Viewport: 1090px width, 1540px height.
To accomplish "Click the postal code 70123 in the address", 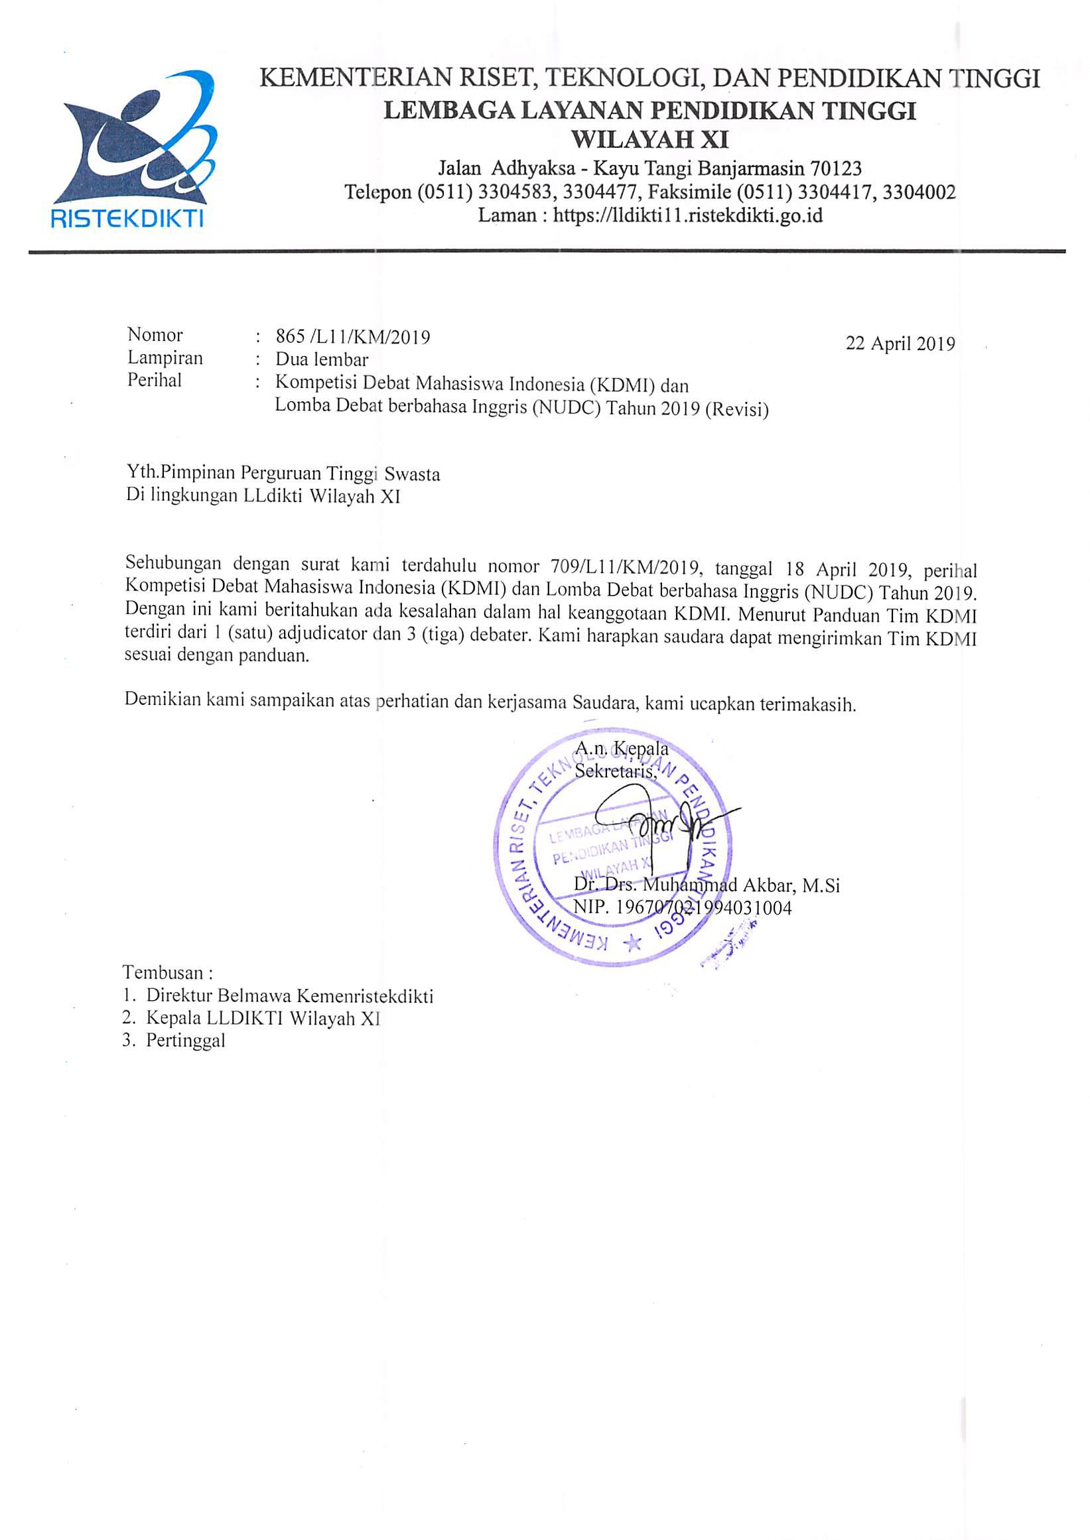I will click(x=833, y=167).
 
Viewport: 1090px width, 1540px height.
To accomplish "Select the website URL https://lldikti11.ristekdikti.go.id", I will click(x=687, y=216).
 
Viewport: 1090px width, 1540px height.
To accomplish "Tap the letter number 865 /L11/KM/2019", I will click(x=353, y=337).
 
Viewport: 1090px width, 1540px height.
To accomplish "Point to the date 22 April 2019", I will click(x=900, y=344).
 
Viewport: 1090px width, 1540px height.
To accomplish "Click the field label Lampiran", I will click(x=165, y=357).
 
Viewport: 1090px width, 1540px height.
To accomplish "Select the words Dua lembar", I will click(x=322, y=359).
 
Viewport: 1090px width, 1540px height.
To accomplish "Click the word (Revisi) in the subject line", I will click(x=737, y=409).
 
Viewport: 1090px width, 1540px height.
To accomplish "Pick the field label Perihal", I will click(x=155, y=381).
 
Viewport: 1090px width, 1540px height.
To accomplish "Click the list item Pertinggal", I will click(x=186, y=1041).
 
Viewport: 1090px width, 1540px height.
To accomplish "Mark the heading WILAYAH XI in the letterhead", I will click(x=649, y=139).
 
